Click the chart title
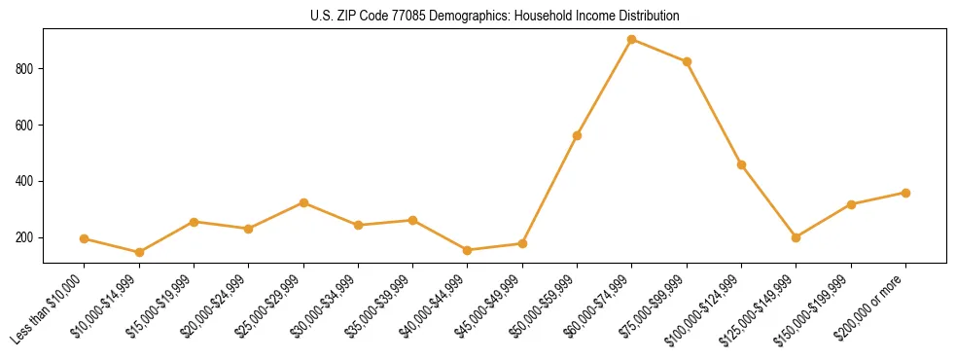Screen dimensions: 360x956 494,17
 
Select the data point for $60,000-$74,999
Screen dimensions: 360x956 632,40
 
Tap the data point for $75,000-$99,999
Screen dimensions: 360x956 687,62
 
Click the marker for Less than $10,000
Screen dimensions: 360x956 85,238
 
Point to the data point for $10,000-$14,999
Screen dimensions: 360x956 139,253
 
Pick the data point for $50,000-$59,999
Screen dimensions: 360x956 578,135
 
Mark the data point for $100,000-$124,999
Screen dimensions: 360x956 742,165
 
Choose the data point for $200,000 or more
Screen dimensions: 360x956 906,193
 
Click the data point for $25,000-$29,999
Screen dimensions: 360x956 303,202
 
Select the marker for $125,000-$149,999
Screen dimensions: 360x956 797,237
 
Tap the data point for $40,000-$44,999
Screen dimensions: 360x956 468,250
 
